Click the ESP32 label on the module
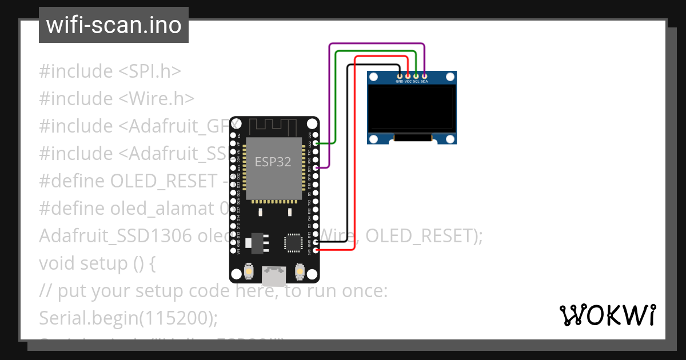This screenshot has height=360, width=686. click(x=273, y=162)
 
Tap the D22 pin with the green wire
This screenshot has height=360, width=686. click(x=315, y=143)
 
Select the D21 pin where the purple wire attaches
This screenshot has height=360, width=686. click(x=315, y=168)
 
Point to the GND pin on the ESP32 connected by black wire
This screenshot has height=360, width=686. click(x=315, y=242)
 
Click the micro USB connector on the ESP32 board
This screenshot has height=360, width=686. click(x=274, y=276)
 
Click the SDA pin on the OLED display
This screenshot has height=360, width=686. click(x=424, y=76)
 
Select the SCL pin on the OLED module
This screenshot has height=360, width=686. click(x=416, y=76)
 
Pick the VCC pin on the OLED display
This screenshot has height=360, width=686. click(x=408, y=76)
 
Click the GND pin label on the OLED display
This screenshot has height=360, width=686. click(x=400, y=82)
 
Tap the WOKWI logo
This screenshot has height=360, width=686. click(x=607, y=315)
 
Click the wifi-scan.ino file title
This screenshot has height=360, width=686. click(x=114, y=25)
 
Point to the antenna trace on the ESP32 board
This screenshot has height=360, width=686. click(x=273, y=126)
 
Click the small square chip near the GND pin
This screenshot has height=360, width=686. click(x=293, y=242)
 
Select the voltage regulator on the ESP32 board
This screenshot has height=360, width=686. click(x=251, y=243)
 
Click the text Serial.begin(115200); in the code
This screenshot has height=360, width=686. click(x=129, y=318)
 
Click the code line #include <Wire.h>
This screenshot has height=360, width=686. click(x=117, y=99)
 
